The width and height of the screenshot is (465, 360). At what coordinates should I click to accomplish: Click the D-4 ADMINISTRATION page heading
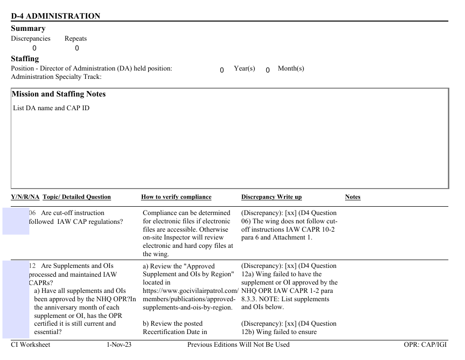coord(55,16)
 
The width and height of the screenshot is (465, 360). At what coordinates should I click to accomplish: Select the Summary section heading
coord(28,28)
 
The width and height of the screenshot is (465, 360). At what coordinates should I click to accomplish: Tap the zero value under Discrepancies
coord(34,48)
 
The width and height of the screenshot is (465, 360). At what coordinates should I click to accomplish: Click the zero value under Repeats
coord(77,48)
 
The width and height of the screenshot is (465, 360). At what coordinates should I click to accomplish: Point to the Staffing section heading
coord(24,59)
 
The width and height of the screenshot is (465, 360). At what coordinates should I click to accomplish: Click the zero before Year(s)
coord(222,70)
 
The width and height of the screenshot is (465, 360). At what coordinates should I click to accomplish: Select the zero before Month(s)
coord(268,70)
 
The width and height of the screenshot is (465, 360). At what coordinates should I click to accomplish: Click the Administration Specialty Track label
coord(56,77)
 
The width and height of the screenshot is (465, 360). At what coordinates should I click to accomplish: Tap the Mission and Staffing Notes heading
coord(58,94)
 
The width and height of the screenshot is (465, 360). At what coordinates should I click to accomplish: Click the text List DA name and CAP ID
coord(51,108)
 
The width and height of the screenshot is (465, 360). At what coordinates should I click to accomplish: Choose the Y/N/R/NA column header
coord(25,197)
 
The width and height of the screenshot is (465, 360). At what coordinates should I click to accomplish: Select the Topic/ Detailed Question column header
coord(77,197)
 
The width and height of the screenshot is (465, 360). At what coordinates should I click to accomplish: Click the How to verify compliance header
coord(176,197)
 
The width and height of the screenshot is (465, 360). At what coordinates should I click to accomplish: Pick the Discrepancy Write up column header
coord(271,197)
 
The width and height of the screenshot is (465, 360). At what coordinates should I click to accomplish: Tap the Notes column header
coord(352,197)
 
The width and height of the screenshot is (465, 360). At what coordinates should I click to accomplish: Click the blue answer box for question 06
coord(16,221)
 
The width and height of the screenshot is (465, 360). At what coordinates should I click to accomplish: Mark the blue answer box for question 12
coord(16,300)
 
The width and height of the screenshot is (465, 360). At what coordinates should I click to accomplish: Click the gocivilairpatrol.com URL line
coord(190,290)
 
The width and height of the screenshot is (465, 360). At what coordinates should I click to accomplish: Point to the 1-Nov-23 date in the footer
coord(119,344)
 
